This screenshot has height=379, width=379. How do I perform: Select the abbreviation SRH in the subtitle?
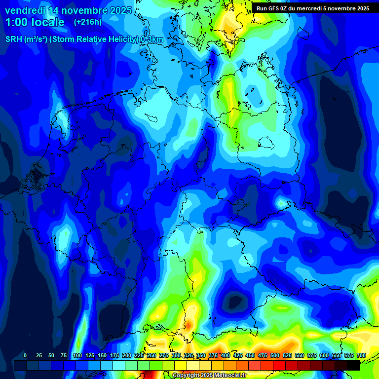click(14, 39)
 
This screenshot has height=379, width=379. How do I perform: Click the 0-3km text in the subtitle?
click(152, 39)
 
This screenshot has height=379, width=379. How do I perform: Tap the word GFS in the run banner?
click(272, 8)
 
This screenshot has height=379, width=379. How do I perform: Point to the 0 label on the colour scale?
click(25, 355)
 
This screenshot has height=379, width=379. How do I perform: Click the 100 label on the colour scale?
click(77, 355)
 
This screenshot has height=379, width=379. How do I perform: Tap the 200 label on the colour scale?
click(126, 355)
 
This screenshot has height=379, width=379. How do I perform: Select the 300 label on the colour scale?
click(176, 355)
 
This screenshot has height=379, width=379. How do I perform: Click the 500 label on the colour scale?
click(275, 355)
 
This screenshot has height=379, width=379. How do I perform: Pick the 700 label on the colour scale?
click(361, 355)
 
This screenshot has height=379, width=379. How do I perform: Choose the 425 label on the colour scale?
click(238, 355)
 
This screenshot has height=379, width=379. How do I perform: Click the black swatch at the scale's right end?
click(353, 365)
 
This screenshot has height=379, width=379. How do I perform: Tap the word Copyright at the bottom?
click(187, 376)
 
